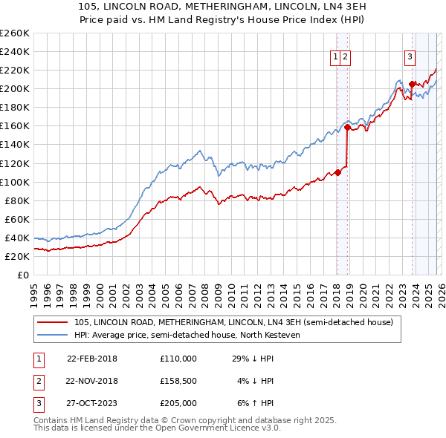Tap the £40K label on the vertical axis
point(16,238)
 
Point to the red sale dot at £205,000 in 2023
point(412,84)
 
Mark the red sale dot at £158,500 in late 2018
point(347,127)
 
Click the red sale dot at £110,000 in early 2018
point(337,172)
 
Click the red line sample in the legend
point(52,322)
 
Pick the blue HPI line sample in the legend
point(52,335)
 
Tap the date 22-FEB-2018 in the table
point(92,359)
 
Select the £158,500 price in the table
point(178,381)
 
